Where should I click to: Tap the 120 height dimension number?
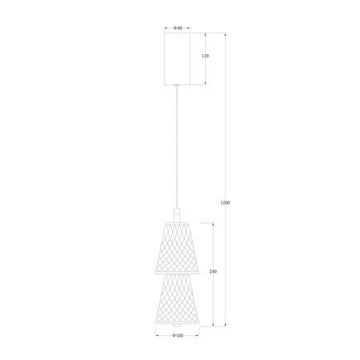pyautogui.click(x=205, y=58)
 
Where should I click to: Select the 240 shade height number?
pyautogui.click(x=212, y=272)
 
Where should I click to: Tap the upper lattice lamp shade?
pyautogui.click(x=177, y=246)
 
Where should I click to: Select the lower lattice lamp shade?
pyautogui.click(x=177, y=298)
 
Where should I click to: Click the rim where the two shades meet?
pyautogui.click(x=177, y=272)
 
